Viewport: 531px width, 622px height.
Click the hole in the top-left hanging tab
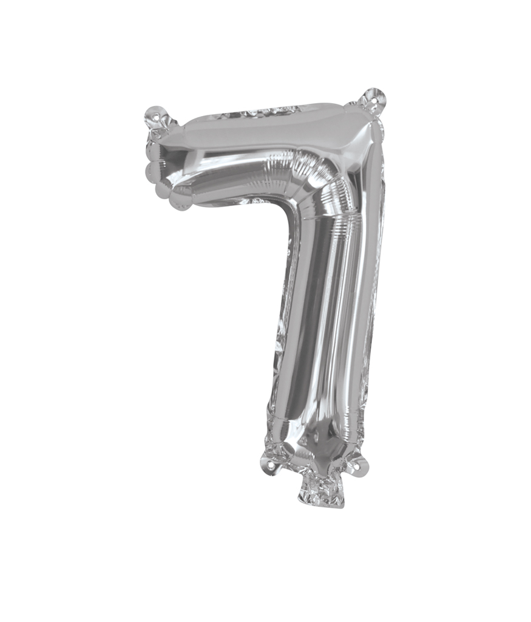156,114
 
